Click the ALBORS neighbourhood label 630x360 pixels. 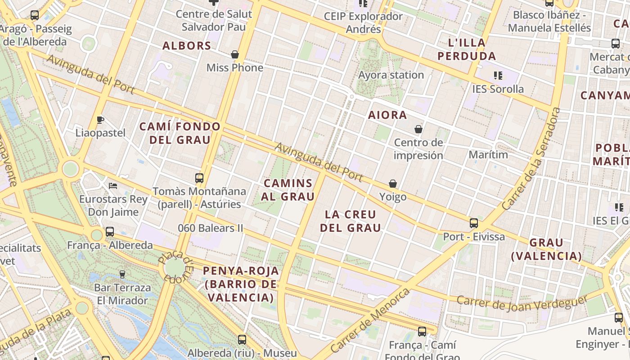tap(187, 46)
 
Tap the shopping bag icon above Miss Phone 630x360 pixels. tap(234, 54)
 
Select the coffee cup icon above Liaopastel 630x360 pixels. tap(100, 120)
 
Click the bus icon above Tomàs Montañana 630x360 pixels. tap(199, 178)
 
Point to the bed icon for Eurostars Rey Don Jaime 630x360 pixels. tap(113, 185)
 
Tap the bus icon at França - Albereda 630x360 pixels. tap(110, 232)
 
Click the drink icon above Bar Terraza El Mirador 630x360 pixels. tap(122, 274)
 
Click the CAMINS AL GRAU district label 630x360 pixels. tap(288, 190)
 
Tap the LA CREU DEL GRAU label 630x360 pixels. tap(351, 221)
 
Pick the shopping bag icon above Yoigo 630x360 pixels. tap(393, 184)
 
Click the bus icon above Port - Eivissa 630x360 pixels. tap(474, 223)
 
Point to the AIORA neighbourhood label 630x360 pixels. tap(387, 115)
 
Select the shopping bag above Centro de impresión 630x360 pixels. tap(418, 129)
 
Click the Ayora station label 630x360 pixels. tap(391, 75)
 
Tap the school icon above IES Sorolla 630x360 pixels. tap(498, 75)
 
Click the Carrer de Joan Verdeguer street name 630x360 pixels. tap(522, 303)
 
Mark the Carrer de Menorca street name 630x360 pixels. tap(370, 320)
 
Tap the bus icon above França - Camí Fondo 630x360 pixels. tap(422, 332)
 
